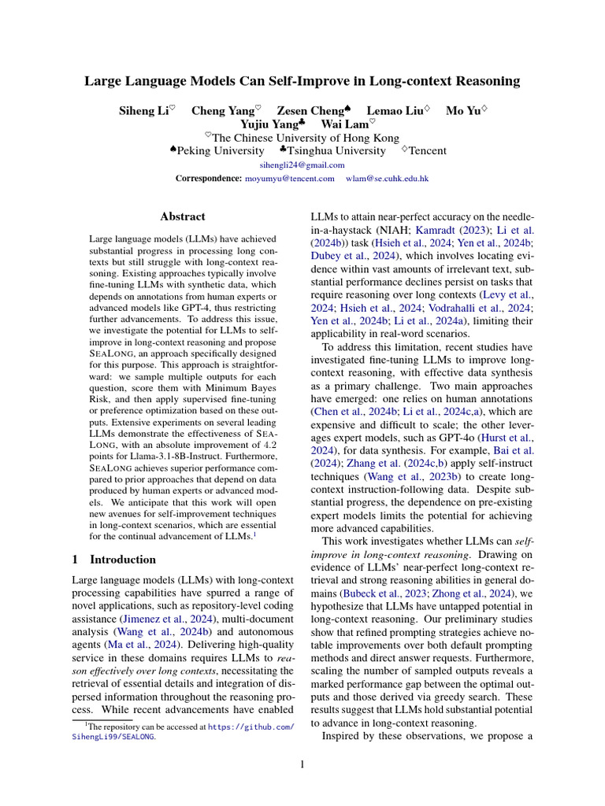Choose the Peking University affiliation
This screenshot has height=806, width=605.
pyautogui.click(x=221, y=150)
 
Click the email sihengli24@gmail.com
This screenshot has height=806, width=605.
pyautogui.click(x=302, y=165)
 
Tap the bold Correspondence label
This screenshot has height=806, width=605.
pyautogui.click(x=209, y=179)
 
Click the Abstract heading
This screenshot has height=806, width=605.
pyautogui.click(x=183, y=216)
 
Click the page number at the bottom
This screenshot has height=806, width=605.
pyautogui.click(x=302, y=763)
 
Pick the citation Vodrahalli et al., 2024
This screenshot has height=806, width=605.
pyautogui.click(x=485, y=307)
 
